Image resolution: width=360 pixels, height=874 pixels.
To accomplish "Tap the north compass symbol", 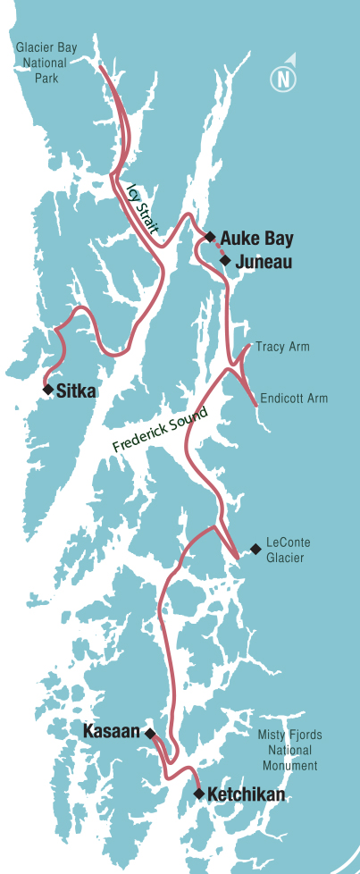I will click(284, 78).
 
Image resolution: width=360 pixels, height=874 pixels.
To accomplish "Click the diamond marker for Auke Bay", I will click(210, 237).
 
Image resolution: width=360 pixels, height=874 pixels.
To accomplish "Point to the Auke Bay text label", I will click(256, 239).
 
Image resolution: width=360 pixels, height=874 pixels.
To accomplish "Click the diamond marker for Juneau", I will click(226, 261).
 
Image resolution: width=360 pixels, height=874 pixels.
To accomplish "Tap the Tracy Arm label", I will click(282, 347).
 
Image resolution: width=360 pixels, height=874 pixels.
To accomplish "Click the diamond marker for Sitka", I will click(47, 390).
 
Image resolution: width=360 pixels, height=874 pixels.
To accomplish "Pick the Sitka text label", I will click(76, 391).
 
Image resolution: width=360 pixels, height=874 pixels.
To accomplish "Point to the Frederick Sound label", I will click(160, 431).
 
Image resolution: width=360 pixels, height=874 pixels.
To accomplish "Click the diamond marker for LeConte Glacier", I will click(255, 548).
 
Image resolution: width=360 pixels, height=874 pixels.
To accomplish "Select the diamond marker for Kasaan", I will click(150, 733).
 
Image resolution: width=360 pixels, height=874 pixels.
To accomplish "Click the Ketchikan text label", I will click(246, 794).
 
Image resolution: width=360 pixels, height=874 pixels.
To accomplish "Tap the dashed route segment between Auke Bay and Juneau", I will click(218, 249).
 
